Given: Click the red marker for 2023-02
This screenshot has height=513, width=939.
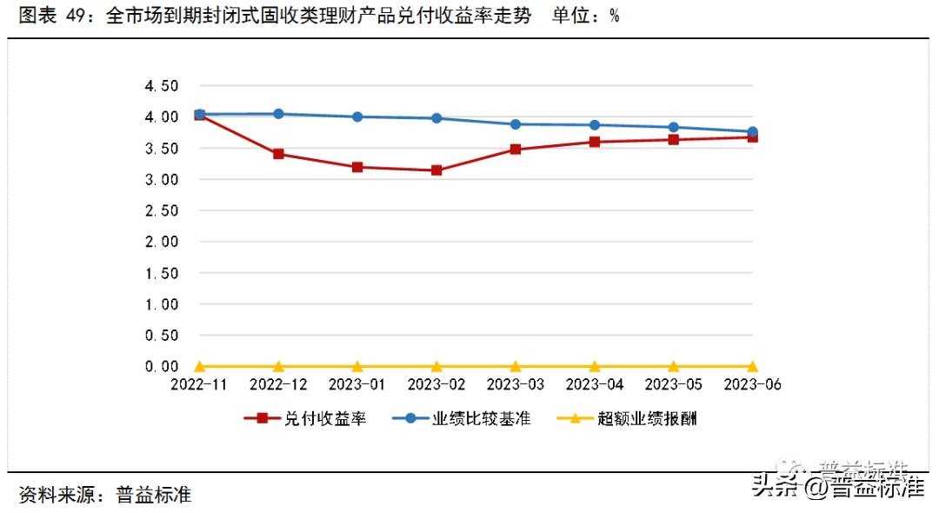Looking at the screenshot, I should [x=436, y=170].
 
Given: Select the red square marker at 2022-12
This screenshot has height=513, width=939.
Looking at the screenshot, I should [x=278, y=154].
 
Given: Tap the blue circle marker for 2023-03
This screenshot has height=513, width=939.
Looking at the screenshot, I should [x=516, y=124].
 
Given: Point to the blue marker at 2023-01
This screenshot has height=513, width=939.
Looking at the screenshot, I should [x=357, y=117].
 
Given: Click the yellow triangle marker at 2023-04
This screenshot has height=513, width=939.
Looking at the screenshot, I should [x=595, y=366].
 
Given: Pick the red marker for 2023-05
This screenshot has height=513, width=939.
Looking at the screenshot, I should [x=674, y=139].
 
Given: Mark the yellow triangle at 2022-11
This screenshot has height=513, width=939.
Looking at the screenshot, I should [x=199, y=366].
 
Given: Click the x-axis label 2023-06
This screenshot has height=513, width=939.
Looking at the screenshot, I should [x=752, y=384].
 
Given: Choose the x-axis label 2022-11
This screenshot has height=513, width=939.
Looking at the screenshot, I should [x=199, y=384].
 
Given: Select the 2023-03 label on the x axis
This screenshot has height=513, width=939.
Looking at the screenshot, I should [x=516, y=384].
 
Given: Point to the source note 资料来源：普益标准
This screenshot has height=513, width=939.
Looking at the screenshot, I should [x=104, y=496].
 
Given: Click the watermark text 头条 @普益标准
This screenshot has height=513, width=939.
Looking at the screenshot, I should [x=837, y=486].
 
